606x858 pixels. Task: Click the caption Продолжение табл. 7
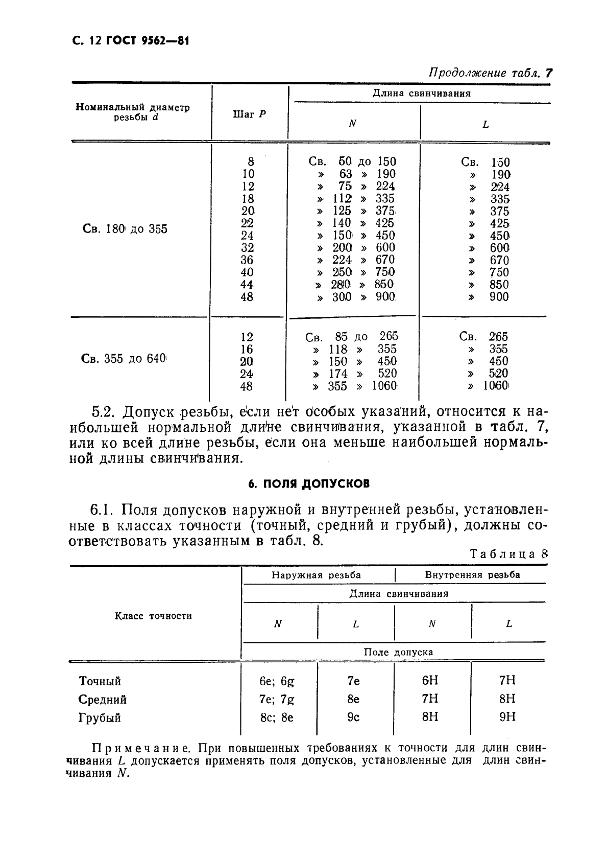(490, 73)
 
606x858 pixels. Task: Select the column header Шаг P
(249, 114)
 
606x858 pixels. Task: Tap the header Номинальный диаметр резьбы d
(133, 112)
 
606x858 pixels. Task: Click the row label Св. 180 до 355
(125, 229)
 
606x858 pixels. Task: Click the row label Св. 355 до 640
(124, 359)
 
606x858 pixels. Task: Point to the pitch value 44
(247, 285)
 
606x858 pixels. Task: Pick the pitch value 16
(247, 350)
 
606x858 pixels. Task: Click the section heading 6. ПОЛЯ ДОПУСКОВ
(309, 483)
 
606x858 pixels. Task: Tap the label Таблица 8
(508, 554)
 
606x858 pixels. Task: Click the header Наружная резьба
(316, 575)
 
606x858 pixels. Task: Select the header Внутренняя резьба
(472, 575)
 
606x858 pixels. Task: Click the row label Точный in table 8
(100, 681)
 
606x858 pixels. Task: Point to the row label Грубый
(100, 718)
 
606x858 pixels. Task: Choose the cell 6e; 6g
(277, 681)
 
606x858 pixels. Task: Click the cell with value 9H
(507, 717)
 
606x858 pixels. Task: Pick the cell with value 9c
(353, 717)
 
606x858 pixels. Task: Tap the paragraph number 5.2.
(104, 412)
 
